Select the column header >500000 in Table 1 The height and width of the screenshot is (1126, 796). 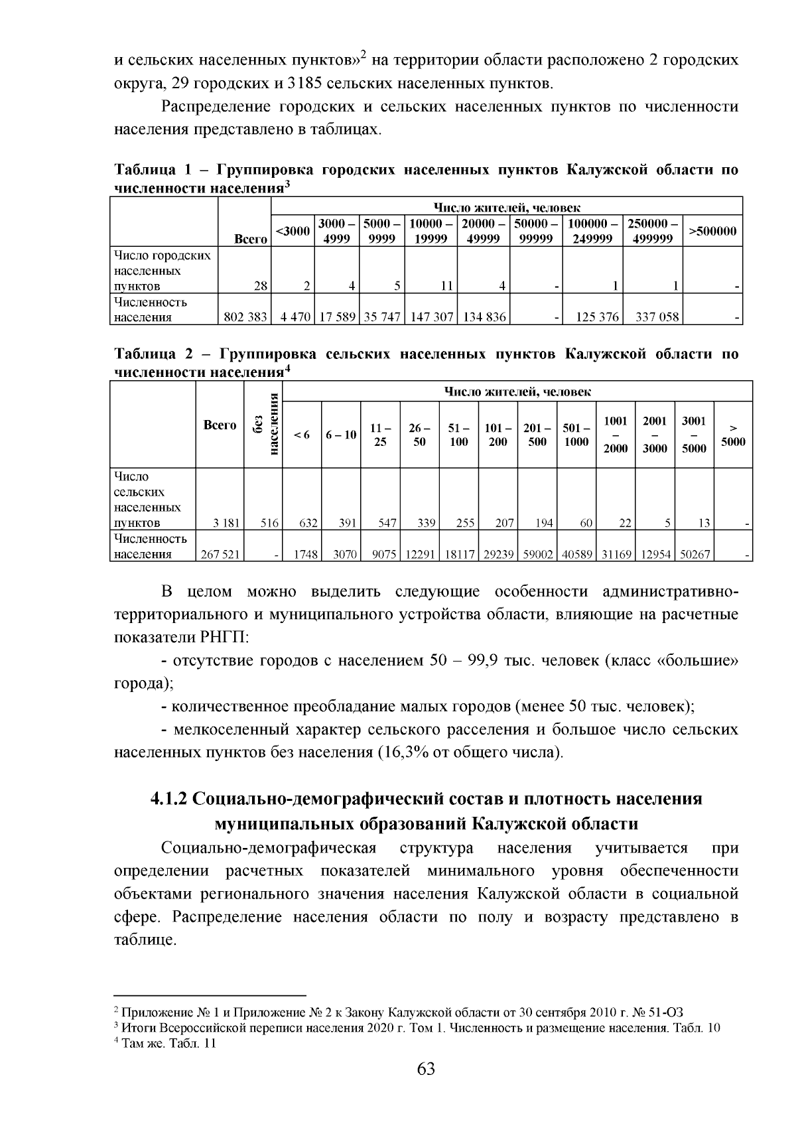tap(712, 232)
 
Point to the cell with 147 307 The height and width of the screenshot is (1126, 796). tap(432, 317)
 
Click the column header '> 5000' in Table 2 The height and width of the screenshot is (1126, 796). tap(733, 435)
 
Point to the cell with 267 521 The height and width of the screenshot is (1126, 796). tap(220, 554)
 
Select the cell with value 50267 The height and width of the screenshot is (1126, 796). tap(695, 554)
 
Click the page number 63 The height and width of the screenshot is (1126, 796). tap(426, 1069)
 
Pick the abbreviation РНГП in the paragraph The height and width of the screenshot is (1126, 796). tap(224, 638)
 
